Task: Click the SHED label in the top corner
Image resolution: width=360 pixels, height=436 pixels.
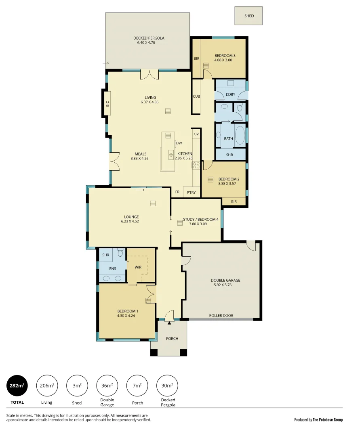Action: pyautogui.click(x=249, y=16)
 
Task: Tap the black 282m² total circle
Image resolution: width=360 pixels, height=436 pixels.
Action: pyautogui.click(x=17, y=386)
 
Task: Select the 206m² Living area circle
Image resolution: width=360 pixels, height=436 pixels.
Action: pyautogui.click(x=47, y=386)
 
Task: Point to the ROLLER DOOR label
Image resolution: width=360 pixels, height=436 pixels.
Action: pyautogui.click(x=221, y=316)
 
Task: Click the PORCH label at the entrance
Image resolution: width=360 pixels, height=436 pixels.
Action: pyautogui.click(x=172, y=338)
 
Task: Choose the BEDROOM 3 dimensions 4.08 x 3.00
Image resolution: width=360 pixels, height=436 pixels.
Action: pyautogui.click(x=223, y=60)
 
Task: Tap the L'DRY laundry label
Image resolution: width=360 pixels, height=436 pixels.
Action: pyautogui.click(x=230, y=94)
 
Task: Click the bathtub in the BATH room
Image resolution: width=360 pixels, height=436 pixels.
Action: pyautogui.click(x=240, y=136)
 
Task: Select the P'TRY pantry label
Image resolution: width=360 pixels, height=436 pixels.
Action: pyautogui.click(x=191, y=193)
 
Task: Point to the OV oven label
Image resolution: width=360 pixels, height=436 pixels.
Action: pyautogui.click(x=196, y=134)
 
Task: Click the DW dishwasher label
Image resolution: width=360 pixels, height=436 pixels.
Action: pyautogui.click(x=179, y=143)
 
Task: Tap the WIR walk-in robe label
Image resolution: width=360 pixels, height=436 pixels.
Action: pyautogui.click(x=138, y=267)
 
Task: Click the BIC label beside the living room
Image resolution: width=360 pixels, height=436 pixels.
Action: pyautogui.click(x=107, y=104)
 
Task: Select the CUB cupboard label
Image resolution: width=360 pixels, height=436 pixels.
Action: pyautogui.click(x=196, y=96)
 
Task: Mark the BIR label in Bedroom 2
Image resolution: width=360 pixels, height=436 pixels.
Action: pyautogui.click(x=234, y=201)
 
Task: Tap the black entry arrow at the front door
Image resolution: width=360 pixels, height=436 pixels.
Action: pyautogui.click(x=169, y=323)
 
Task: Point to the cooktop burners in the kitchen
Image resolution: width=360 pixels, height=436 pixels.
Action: pyautogui.click(x=196, y=165)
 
